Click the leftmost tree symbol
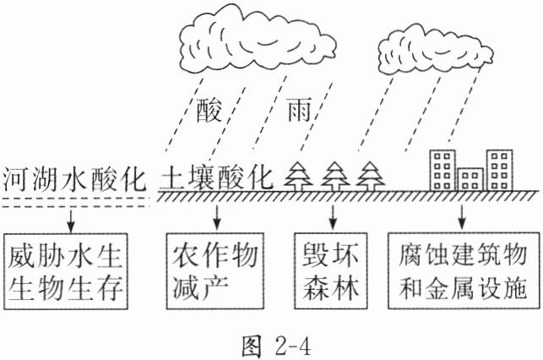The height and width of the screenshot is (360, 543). (x=296, y=177)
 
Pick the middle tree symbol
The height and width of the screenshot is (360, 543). (x=334, y=177)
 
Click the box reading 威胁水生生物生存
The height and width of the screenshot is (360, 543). (x=71, y=270)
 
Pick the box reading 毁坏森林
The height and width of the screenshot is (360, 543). (x=331, y=270)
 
